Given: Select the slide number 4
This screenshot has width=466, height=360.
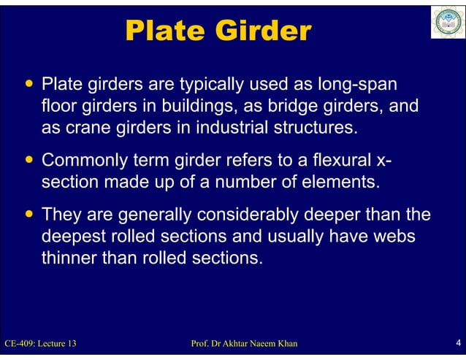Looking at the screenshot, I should (457, 342).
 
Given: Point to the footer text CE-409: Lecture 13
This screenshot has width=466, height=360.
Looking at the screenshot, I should (41, 343).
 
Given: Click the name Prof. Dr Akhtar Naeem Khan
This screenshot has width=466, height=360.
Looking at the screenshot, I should (243, 343).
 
